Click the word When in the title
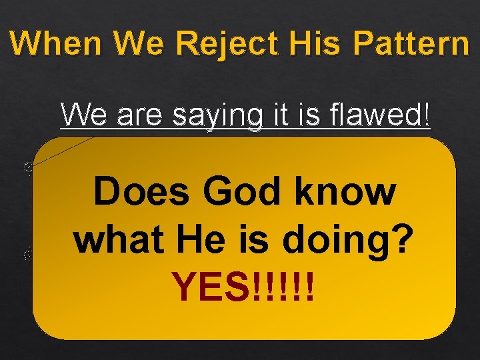click(57, 44)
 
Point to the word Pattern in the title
click(411, 44)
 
